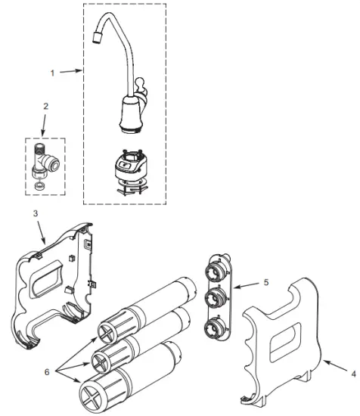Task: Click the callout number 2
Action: pyautogui.click(x=46, y=107)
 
